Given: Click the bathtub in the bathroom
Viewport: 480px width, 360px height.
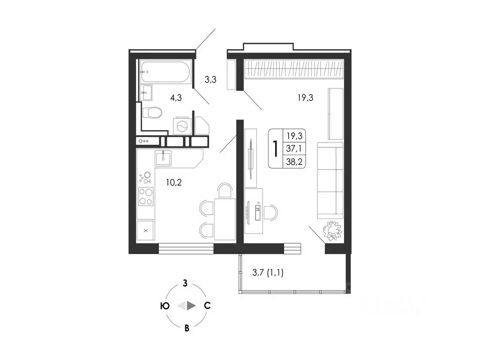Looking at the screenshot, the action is coord(165,72).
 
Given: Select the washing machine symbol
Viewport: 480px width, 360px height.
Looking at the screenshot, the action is coord(182,126).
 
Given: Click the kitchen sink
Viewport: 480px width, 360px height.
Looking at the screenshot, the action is coord(163,158).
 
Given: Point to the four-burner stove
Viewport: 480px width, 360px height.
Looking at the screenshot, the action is coord(146,196).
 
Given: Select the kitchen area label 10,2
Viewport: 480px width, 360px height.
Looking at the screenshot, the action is coord(173,183).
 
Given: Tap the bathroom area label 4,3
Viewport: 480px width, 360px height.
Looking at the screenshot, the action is coord(176,97).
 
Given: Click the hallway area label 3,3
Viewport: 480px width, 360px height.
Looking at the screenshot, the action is coord(210,80).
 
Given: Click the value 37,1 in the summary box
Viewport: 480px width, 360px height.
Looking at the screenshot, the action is coord(294,149).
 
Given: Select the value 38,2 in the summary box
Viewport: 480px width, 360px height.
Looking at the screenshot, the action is coord(294,162).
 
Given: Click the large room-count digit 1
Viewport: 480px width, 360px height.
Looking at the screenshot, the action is coord(276,149).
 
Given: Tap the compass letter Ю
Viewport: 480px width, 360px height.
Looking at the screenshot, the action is coord(165,306).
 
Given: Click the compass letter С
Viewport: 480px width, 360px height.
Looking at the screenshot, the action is coord(207,306).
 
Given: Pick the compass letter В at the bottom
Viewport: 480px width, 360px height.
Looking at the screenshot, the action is coord(187,328).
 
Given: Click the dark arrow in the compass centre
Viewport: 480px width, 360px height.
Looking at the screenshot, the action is coord(191,306).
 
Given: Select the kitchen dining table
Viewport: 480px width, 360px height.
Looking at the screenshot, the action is coord(225,219).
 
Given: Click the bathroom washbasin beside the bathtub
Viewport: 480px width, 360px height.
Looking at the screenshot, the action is coord(146,92).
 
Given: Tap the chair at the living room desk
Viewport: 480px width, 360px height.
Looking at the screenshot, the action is coord(271,213).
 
